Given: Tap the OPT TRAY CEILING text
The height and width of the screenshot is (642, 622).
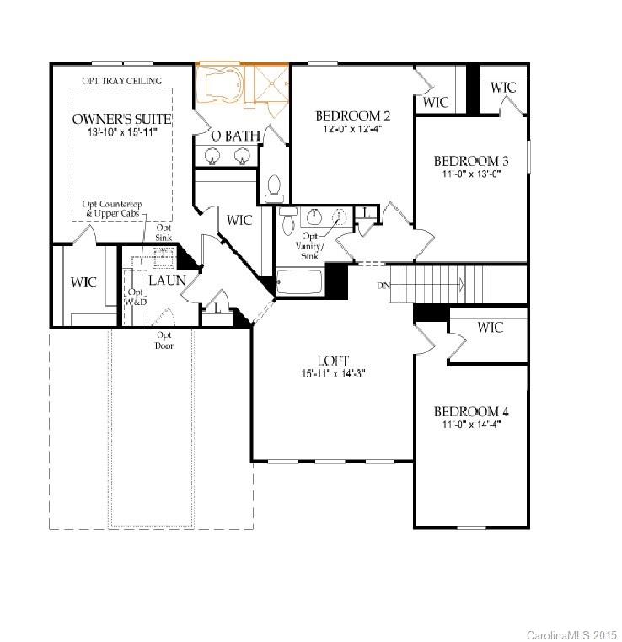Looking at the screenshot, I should click(x=121, y=81).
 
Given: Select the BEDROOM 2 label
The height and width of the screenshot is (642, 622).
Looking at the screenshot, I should click(x=353, y=116).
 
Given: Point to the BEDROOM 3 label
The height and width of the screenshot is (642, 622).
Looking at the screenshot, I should click(x=472, y=161).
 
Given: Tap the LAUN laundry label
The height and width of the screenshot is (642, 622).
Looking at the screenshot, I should click(x=167, y=280).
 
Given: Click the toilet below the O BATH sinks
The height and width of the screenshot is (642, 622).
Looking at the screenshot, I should click(x=273, y=187).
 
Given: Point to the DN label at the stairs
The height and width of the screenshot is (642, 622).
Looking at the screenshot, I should click(x=384, y=286).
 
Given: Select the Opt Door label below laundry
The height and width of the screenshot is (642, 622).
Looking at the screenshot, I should click(x=164, y=340).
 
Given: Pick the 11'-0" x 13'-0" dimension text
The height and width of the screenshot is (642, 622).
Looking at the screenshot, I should click(x=471, y=175).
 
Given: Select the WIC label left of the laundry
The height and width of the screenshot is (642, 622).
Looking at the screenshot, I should click(x=83, y=282).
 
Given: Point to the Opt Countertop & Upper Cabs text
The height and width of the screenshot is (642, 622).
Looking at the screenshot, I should click(x=113, y=210).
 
